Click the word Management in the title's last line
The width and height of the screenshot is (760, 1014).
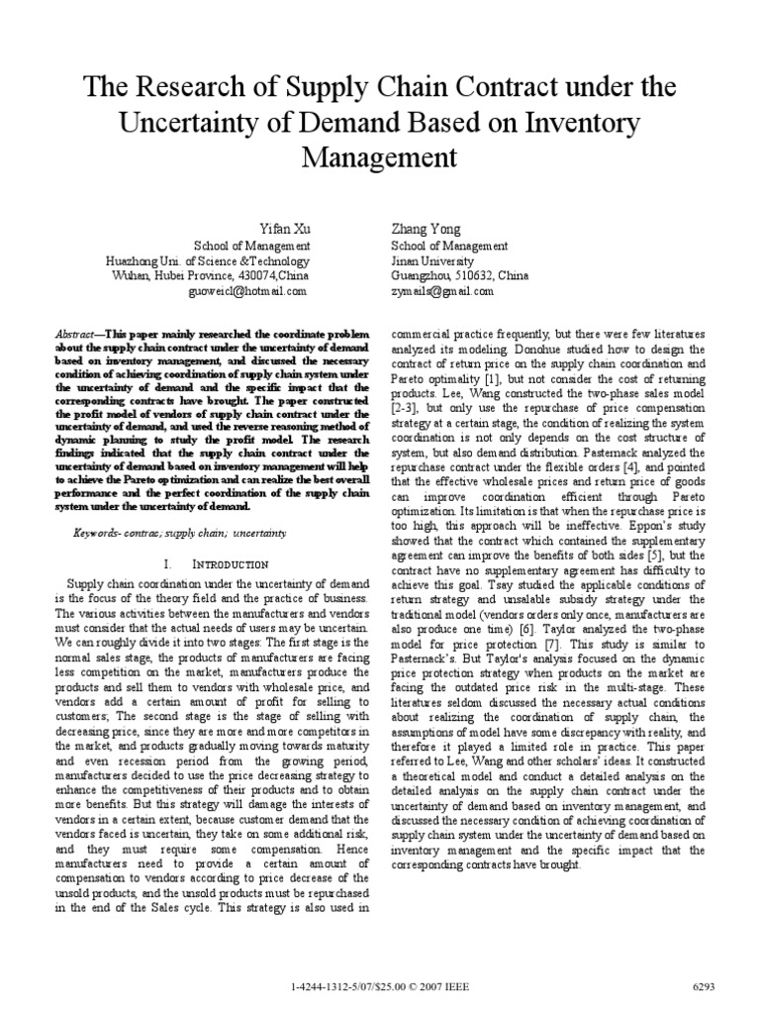click(x=380, y=157)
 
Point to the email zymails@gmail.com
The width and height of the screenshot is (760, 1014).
click(x=441, y=292)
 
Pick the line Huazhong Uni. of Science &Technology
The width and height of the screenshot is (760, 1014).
click(x=209, y=261)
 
